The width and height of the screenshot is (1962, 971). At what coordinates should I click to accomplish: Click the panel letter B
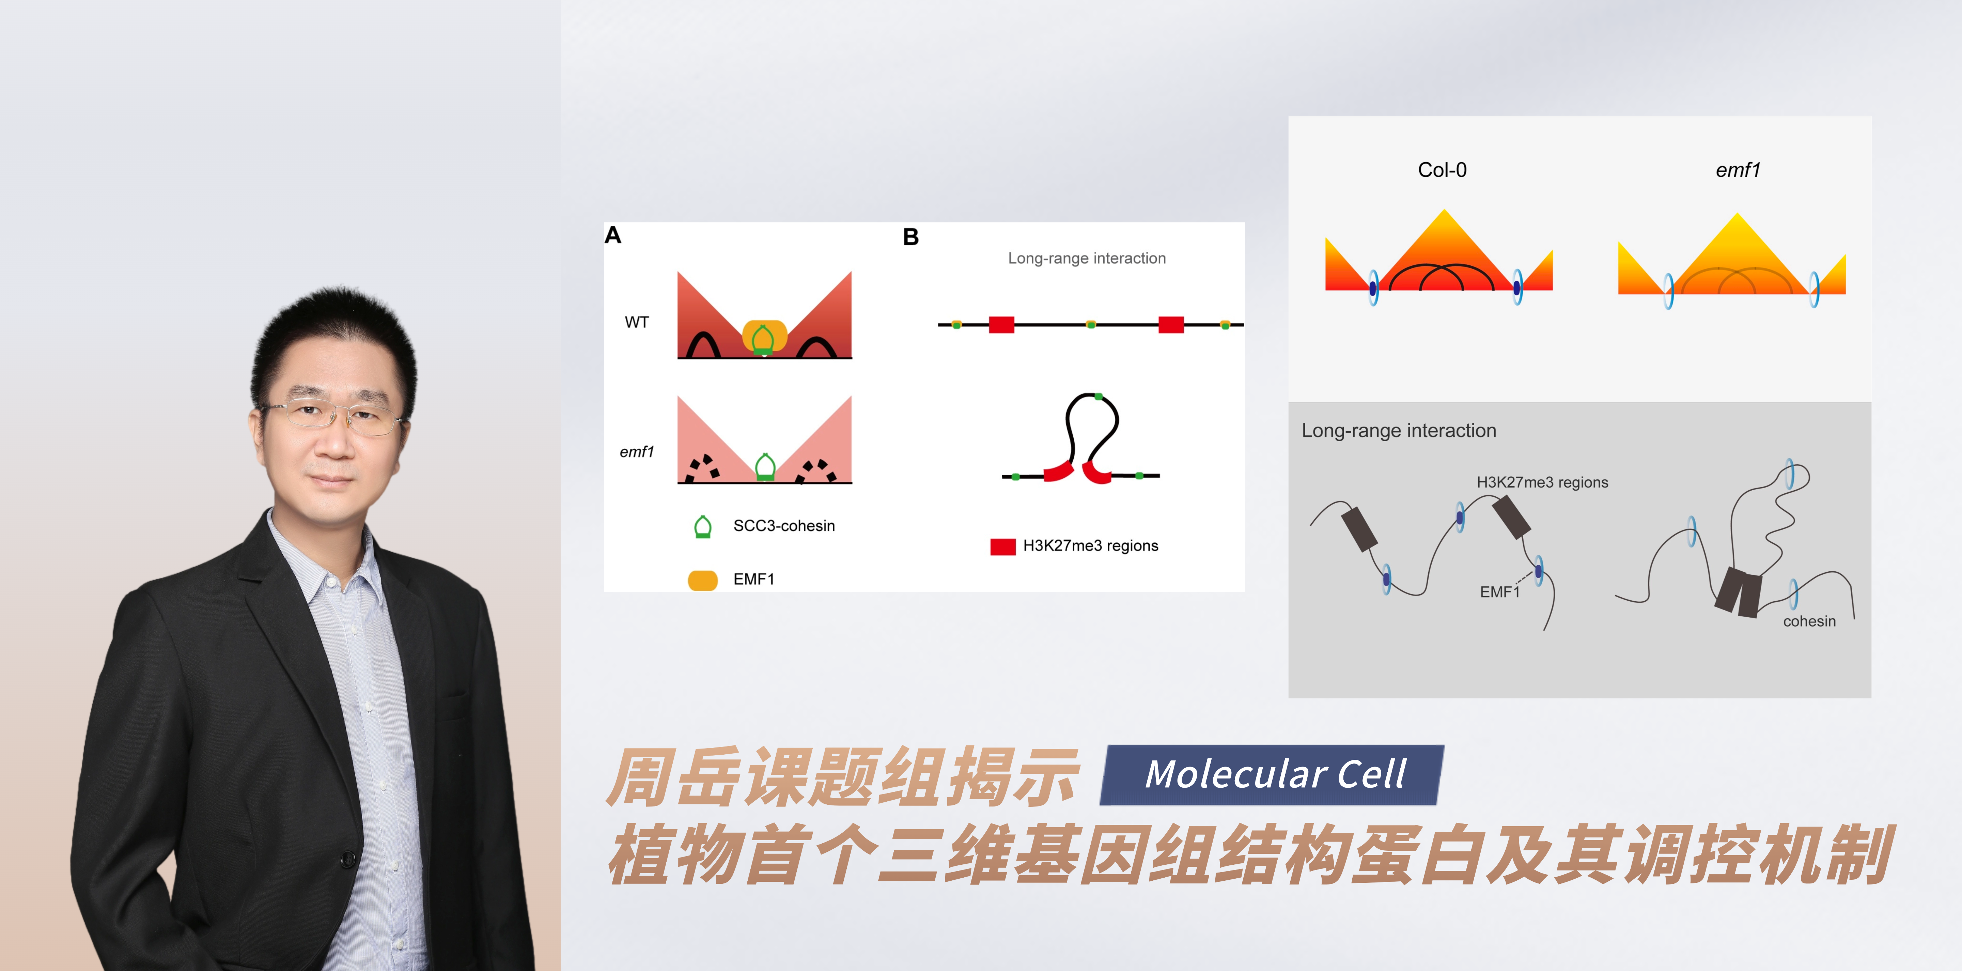point(911,237)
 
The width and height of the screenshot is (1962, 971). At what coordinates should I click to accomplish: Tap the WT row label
point(637,322)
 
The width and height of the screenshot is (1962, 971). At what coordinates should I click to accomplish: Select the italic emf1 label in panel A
point(637,452)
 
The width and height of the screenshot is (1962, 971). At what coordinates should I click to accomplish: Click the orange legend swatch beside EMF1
point(702,580)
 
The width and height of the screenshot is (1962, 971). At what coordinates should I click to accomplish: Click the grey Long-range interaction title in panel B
point(1087,258)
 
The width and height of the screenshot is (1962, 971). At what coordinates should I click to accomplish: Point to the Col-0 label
point(1442,170)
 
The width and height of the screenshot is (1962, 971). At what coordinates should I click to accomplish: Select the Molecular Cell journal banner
point(1272,774)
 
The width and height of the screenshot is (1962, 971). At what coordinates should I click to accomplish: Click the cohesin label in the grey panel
point(1809,621)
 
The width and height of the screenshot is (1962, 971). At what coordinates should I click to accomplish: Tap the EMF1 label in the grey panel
point(1500,592)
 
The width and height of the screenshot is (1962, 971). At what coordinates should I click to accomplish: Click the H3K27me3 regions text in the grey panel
point(1542,482)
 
